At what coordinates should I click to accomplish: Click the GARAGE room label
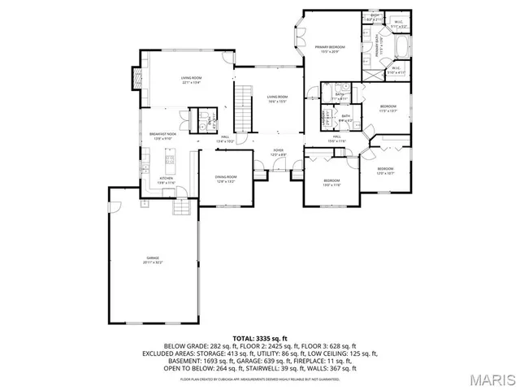(153, 260)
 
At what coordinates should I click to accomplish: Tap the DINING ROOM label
(226, 179)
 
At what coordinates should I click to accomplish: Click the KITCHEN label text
(166, 180)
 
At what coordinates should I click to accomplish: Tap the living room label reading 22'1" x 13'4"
(190, 80)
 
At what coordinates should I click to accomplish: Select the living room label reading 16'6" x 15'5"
(278, 99)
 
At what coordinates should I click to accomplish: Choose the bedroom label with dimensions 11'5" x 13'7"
(388, 109)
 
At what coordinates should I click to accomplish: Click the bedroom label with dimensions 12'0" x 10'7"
(385, 171)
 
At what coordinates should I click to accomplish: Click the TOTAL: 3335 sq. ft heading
(260, 337)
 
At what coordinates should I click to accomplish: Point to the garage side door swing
(116, 195)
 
